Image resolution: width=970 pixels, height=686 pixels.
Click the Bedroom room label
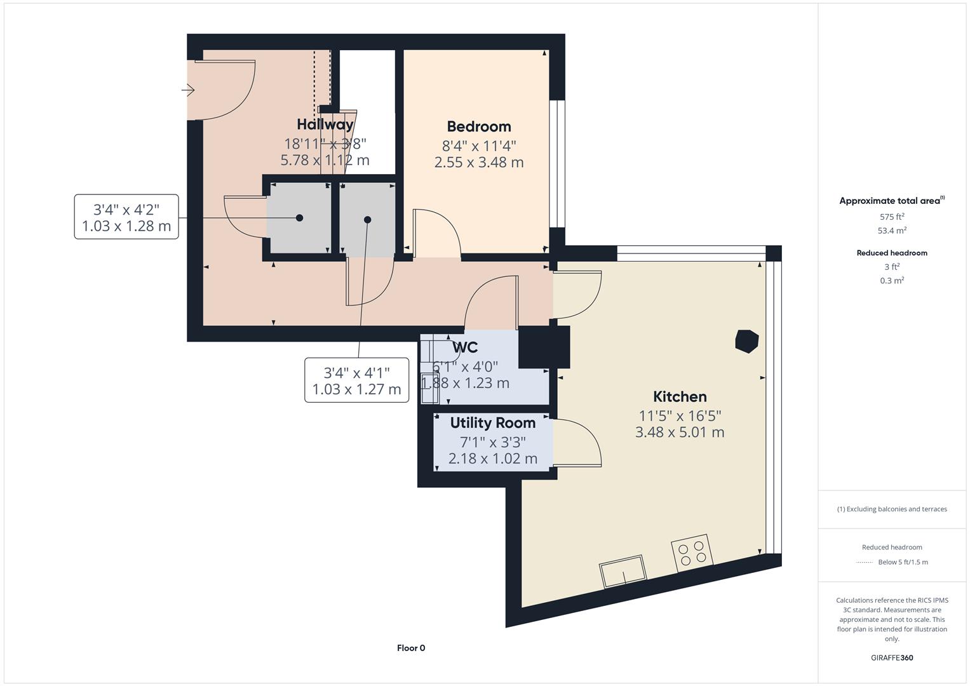click(x=478, y=126)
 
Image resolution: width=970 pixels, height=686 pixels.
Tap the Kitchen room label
click(x=680, y=396)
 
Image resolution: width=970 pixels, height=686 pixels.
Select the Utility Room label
click(x=492, y=422)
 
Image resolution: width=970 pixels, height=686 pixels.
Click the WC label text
click(x=465, y=347)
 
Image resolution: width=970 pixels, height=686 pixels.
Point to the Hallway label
click(x=325, y=124)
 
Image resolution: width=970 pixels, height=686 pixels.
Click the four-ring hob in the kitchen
click(x=692, y=553)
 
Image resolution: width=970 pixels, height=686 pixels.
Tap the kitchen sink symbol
click(x=623, y=571)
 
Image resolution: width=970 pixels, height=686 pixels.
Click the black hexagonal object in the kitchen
click(x=746, y=341)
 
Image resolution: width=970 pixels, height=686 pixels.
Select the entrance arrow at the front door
click(x=188, y=90)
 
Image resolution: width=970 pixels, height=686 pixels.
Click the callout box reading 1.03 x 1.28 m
click(x=126, y=217)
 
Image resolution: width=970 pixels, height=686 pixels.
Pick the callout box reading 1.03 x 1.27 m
click(x=356, y=380)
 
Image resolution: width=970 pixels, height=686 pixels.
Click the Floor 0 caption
click(x=411, y=648)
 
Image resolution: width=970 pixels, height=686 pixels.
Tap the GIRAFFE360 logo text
click(x=891, y=657)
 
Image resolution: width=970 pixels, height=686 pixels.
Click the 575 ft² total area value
click(x=891, y=217)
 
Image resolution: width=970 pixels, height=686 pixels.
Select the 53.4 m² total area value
click(x=891, y=231)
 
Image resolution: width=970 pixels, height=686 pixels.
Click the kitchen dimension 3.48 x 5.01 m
click(x=680, y=433)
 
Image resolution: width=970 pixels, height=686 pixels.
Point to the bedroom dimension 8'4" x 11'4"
click(x=478, y=146)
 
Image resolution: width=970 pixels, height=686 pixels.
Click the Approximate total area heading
click(x=891, y=201)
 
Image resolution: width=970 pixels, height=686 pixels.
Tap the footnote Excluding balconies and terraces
click(x=891, y=509)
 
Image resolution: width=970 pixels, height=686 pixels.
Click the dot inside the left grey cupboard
click(x=299, y=218)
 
